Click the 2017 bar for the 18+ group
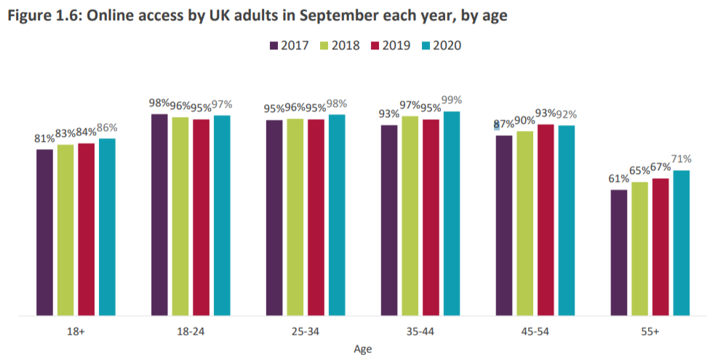44,233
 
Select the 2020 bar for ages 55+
681,244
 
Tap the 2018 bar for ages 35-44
410,216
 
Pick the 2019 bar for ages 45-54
546,220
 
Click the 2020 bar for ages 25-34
336,215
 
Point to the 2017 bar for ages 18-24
159,215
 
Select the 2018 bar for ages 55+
639,249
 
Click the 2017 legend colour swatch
274,45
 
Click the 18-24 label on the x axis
191,332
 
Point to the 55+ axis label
650,332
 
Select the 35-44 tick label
420,332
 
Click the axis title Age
362,349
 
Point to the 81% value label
44,137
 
